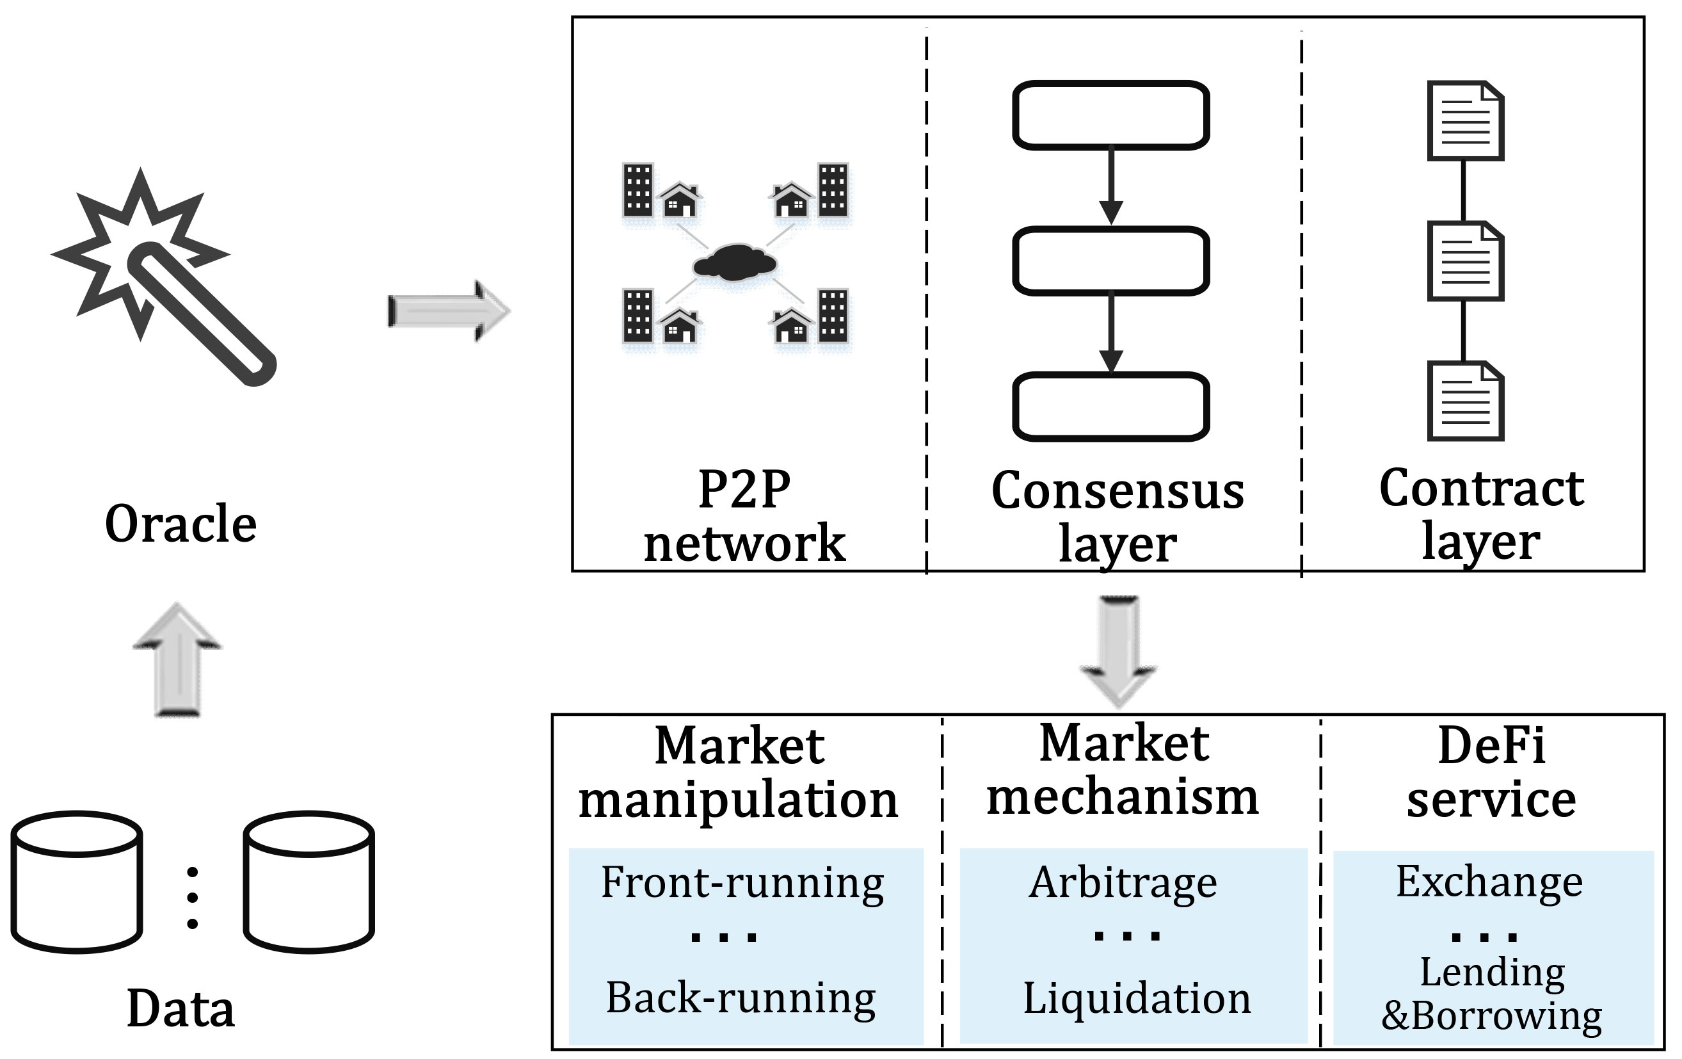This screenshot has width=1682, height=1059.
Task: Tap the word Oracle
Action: (x=181, y=523)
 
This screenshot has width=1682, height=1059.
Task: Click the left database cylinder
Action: (x=77, y=882)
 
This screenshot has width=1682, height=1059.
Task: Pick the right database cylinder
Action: (x=308, y=882)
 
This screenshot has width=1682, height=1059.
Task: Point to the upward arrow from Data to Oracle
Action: (x=177, y=660)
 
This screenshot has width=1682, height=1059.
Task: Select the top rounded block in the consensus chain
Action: (x=1110, y=115)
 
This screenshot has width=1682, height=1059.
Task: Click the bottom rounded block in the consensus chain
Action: (x=1110, y=407)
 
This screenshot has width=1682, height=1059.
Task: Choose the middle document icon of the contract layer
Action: (x=1465, y=261)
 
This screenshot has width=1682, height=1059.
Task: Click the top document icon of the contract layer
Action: (x=1465, y=121)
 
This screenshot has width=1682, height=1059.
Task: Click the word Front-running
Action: (x=742, y=883)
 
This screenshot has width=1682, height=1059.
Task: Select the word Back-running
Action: (x=741, y=998)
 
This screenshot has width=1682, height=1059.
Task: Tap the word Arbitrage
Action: (x=1123, y=883)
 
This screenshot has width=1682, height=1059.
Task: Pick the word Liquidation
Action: (x=1137, y=998)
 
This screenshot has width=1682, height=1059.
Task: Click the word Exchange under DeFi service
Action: (x=1489, y=882)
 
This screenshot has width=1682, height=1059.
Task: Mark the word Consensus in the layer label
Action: (x=1117, y=491)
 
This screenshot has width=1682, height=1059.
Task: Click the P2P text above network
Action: (x=744, y=489)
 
